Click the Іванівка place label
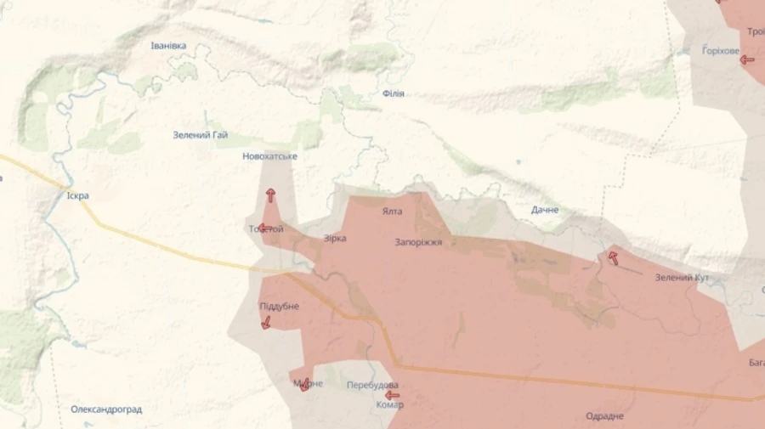(168, 46)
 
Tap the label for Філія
(393, 93)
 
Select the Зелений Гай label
(200, 134)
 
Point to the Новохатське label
(269, 156)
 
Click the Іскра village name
(77, 195)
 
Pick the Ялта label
(392, 212)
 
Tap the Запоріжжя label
(418, 242)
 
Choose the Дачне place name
(545, 210)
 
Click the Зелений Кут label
(682, 278)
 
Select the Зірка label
(335, 239)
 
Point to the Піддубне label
(279, 306)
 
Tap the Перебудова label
(372, 385)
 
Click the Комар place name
(389, 405)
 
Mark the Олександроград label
(106, 409)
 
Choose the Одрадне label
(604, 416)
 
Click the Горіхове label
(721, 51)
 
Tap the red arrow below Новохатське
(270, 195)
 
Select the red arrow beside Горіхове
(747, 59)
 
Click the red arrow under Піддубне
(266, 323)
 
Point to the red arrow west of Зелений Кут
(613, 257)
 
